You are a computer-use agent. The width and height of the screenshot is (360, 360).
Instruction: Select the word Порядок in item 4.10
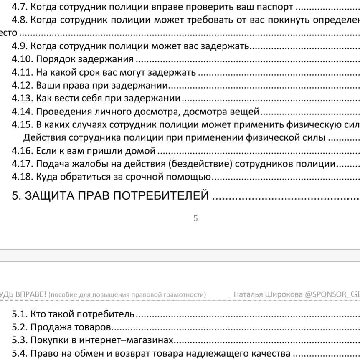tap(53, 59)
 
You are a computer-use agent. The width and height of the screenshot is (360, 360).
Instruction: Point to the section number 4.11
tap(22, 73)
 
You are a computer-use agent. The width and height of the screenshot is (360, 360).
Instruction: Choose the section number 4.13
tap(22, 99)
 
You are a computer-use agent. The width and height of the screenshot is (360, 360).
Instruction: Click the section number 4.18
tap(22, 177)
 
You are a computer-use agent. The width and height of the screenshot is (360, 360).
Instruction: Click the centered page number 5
tap(195, 218)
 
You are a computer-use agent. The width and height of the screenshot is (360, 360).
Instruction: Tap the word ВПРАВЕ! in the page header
tap(29, 294)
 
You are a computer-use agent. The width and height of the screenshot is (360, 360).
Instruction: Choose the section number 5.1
tap(20, 314)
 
